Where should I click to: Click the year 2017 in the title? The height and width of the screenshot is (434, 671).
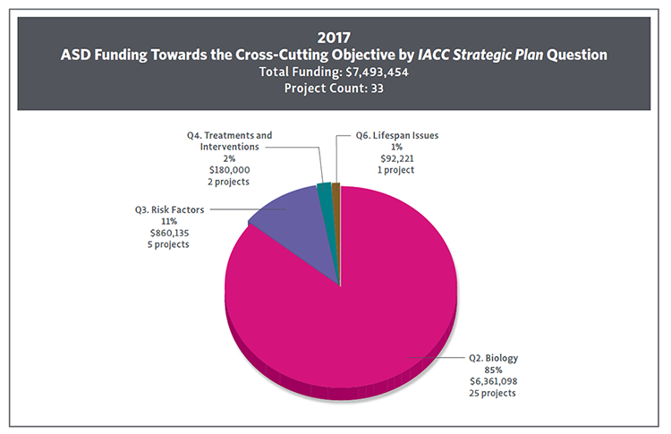pos(335,38)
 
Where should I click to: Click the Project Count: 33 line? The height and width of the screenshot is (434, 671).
pos(335,88)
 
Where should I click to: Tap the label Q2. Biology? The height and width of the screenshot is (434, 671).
pos(494,358)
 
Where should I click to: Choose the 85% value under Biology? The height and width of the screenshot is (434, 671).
pos(494,370)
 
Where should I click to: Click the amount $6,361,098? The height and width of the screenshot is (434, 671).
pos(494,381)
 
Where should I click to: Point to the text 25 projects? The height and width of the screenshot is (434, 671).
pos(494,393)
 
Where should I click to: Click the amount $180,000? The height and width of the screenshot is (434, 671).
pos(229,169)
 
